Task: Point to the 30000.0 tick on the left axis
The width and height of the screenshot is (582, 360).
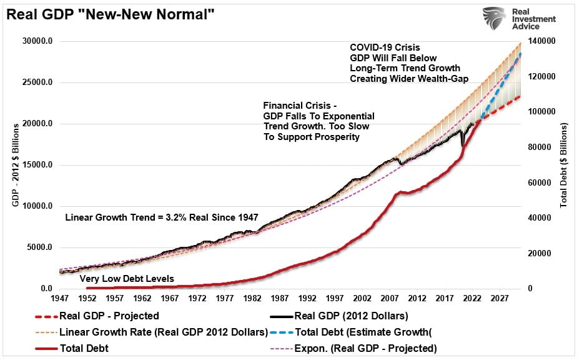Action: click(x=37, y=41)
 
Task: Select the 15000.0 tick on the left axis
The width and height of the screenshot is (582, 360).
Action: click(x=37, y=165)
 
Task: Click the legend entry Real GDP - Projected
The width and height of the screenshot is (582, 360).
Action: click(x=109, y=316)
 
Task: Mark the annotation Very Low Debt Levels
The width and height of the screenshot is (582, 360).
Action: click(x=127, y=278)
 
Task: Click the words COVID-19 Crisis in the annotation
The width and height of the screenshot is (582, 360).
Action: click(x=385, y=47)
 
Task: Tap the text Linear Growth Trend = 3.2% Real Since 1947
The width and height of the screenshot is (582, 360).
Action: click(x=162, y=217)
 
